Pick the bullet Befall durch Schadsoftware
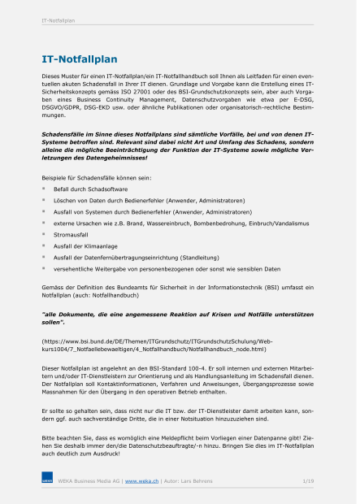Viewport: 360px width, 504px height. (x=89, y=188)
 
